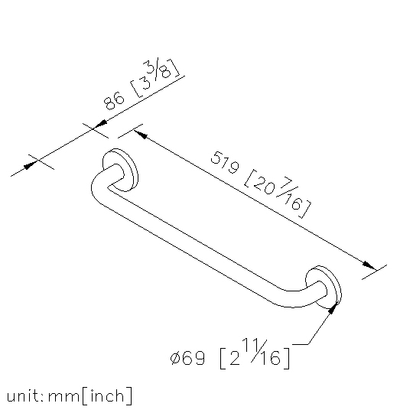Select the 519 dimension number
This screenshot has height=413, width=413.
[x=225, y=162]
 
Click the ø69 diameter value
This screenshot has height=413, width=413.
[x=187, y=358]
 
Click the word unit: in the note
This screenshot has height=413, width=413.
[x=25, y=396]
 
